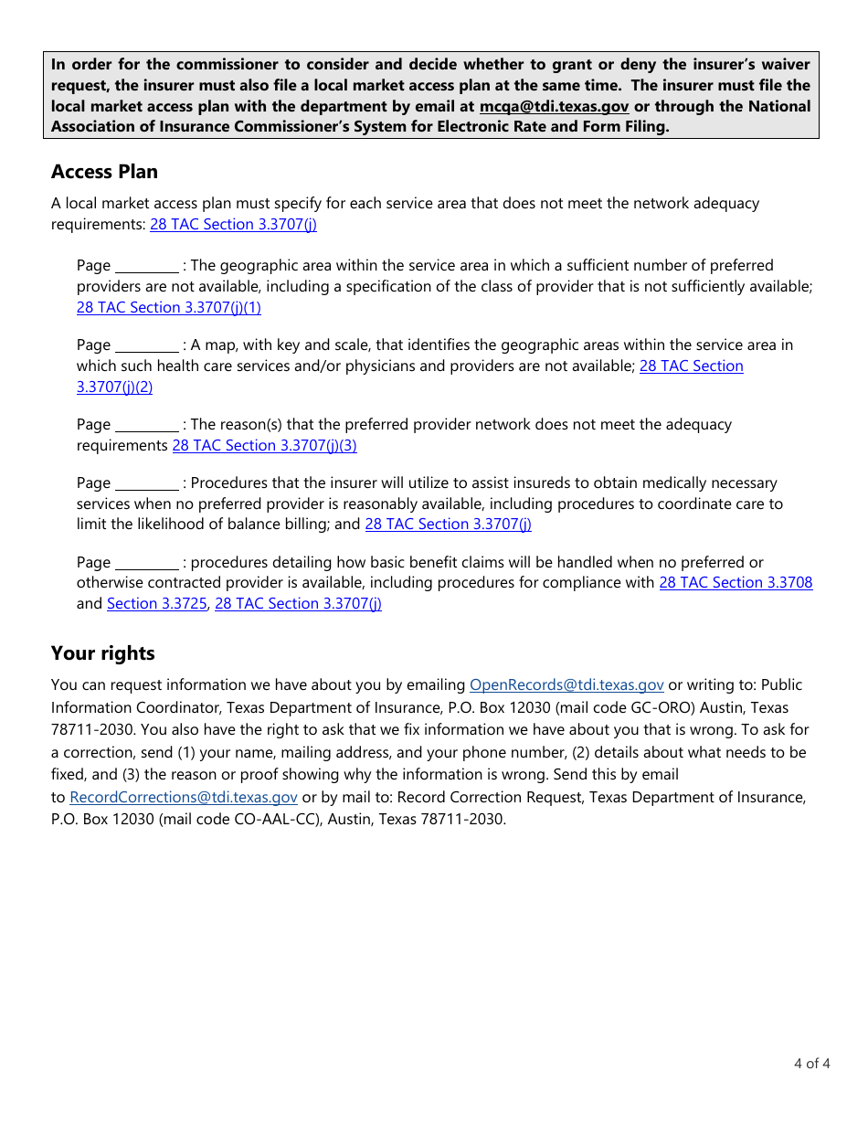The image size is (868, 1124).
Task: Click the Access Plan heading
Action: (104, 172)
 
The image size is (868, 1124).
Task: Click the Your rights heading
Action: (102, 653)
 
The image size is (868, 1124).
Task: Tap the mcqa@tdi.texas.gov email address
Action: (554, 106)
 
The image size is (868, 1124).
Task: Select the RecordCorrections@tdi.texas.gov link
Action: (184, 798)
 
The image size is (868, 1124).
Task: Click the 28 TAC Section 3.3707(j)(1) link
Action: (169, 308)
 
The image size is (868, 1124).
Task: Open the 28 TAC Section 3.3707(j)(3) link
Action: (264, 446)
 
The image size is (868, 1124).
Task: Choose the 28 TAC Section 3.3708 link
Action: (736, 583)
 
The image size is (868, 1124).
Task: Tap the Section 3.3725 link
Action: (157, 604)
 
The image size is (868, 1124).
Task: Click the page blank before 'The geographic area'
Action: (147, 267)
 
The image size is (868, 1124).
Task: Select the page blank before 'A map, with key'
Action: (147, 346)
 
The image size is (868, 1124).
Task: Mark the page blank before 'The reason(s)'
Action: (147, 426)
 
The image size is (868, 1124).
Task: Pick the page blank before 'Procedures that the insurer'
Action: (147, 484)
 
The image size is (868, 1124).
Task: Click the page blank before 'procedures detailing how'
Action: (147, 564)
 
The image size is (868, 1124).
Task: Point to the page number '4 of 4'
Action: (811, 1064)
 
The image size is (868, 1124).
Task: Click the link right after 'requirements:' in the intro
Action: (233, 225)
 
